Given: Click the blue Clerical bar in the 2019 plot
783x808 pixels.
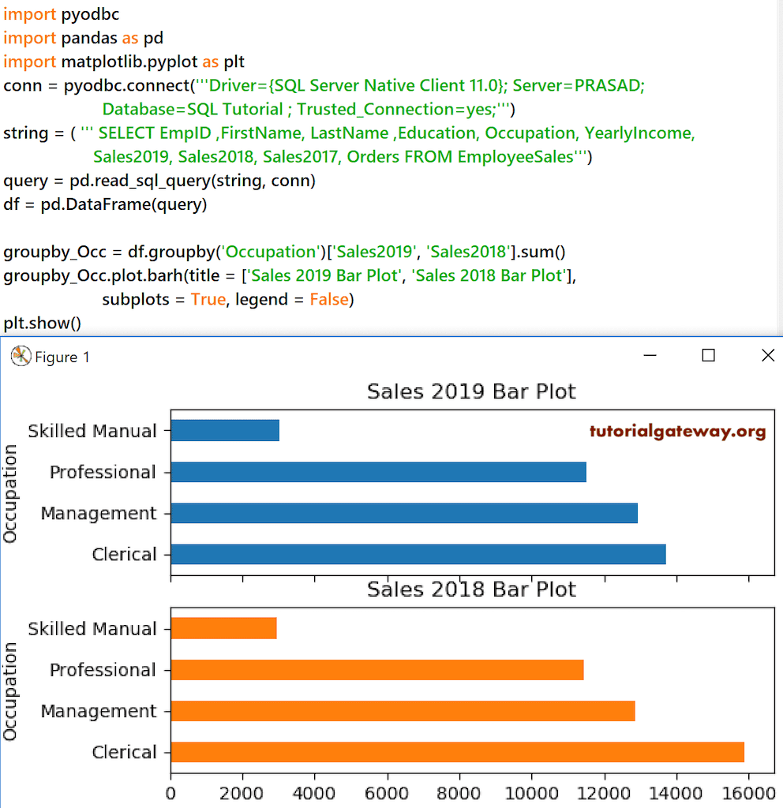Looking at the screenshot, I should (x=418, y=554).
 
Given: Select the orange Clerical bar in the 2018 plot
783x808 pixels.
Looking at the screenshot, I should (x=457, y=752).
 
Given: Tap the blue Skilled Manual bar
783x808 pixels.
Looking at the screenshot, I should (x=225, y=430).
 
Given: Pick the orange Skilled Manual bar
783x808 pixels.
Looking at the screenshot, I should (x=223, y=628).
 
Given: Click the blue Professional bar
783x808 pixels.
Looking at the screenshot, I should (x=378, y=472).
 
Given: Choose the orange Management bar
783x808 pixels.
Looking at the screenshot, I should (x=403, y=711).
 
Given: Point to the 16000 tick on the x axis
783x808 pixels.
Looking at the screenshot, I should (x=748, y=792).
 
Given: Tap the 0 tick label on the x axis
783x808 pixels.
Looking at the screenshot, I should (x=170, y=792).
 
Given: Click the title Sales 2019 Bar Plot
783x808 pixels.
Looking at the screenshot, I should (x=471, y=391).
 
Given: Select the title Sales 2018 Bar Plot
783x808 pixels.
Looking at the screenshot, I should (x=471, y=589).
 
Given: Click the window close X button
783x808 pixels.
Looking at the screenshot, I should (x=767, y=356).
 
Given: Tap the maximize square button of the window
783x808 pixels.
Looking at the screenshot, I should (x=708, y=356).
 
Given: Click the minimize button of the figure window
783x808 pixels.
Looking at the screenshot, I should (x=650, y=356).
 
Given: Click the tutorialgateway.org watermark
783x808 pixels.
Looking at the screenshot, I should (x=677, y=432).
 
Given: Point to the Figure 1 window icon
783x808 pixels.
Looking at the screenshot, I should (x=20, y=357).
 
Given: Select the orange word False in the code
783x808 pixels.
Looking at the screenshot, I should (x=329, y=300).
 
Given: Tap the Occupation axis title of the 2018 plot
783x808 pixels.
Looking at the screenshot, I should (x=10, y=691).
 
